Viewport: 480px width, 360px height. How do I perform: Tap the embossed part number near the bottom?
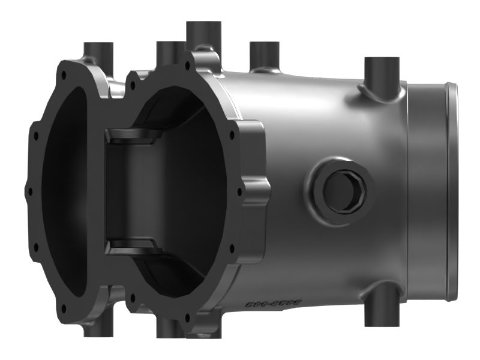273,305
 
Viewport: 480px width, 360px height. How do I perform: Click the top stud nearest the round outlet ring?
382,72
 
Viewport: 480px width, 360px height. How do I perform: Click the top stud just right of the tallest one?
265,54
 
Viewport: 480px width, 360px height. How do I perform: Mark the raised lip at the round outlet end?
452,180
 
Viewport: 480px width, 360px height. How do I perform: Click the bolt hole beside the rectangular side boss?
240,193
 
